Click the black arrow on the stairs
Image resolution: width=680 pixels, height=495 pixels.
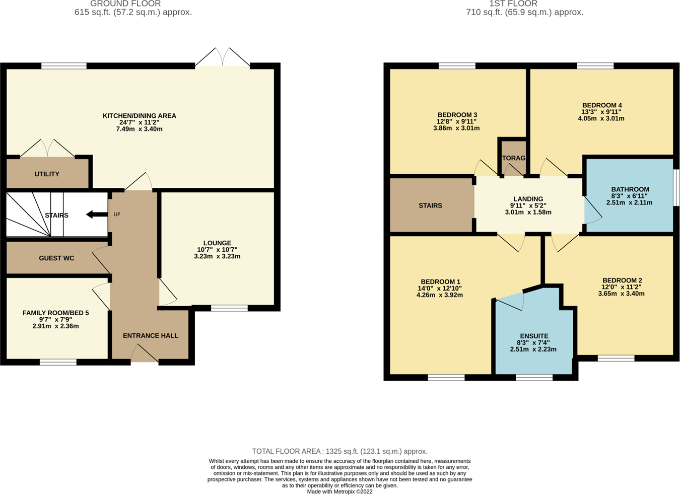97,215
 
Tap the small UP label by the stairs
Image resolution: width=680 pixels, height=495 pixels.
117,215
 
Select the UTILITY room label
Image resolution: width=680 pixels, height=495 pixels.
47,174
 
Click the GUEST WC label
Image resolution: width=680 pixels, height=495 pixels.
56,258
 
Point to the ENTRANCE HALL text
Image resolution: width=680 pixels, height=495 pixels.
150,336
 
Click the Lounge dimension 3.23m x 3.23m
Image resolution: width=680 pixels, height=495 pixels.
217,256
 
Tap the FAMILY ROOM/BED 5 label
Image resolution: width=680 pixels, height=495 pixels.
55,313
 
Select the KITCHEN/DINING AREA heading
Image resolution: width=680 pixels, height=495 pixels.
140,116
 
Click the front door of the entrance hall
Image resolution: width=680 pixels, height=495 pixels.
145,354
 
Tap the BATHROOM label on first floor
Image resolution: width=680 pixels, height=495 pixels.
630,189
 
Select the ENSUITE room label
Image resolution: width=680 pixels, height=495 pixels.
534,336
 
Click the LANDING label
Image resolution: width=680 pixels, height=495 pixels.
528,199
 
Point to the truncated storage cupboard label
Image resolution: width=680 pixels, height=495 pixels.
513,158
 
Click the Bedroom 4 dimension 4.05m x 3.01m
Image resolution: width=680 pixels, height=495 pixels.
601,119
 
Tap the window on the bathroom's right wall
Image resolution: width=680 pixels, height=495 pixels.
676,187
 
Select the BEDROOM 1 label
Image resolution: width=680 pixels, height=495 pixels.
440,282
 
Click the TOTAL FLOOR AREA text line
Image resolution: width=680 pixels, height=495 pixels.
339,452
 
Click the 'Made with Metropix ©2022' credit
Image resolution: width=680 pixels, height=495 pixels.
339,492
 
